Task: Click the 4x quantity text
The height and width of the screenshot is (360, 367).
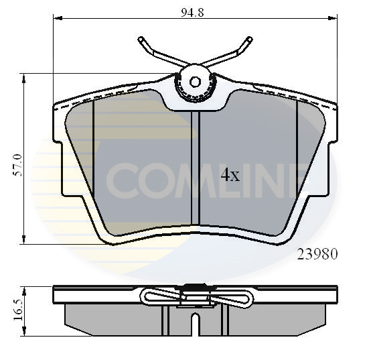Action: pos(230,176)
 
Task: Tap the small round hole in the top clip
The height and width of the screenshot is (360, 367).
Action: pos(196,81)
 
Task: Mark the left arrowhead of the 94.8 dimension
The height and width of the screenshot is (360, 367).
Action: pos(56,19)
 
